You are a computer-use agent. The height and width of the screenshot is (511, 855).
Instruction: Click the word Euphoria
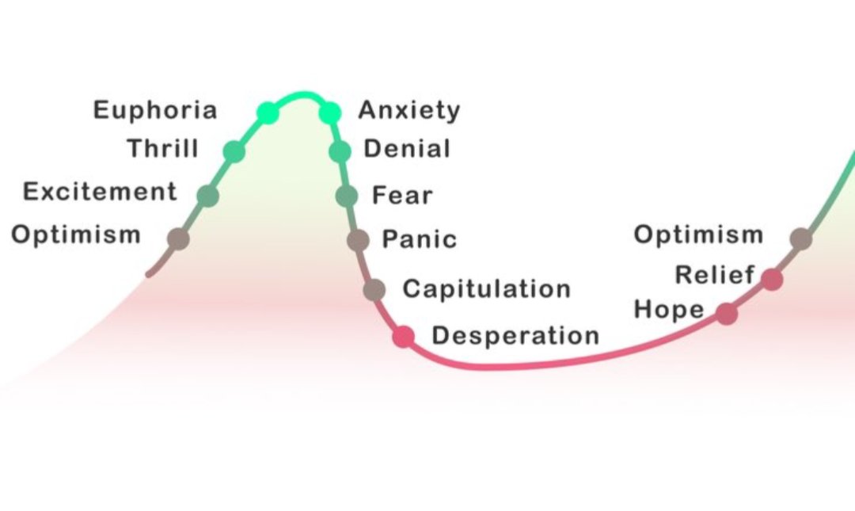155,110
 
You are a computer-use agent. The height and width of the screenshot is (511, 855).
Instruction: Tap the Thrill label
162,148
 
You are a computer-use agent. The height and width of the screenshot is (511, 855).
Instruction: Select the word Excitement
100,192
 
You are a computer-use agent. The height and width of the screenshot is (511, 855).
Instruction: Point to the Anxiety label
408,110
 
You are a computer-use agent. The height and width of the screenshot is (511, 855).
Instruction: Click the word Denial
407,148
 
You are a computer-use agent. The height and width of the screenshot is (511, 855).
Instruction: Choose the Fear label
402,195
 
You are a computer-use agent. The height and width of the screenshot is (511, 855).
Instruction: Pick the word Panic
420,239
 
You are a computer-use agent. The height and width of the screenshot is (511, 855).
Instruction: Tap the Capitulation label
486,288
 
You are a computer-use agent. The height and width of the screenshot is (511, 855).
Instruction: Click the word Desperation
515,336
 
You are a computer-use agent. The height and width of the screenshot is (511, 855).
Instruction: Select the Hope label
669,310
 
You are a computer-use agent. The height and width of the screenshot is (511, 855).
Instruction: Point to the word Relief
714,275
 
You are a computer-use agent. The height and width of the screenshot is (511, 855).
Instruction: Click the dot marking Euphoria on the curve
268,112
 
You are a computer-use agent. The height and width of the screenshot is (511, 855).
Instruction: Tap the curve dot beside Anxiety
330,113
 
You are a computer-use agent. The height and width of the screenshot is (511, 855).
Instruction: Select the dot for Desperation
404,337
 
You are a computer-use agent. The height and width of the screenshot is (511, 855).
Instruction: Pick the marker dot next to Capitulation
374,290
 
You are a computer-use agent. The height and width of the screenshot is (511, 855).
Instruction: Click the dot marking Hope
727,314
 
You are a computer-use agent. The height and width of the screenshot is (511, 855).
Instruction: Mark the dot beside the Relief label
772,279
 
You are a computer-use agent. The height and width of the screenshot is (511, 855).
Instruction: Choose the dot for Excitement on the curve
207,196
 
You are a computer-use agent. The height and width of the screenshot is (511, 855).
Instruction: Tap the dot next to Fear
347,196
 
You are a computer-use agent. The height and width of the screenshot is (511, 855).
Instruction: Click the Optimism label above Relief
699,235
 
